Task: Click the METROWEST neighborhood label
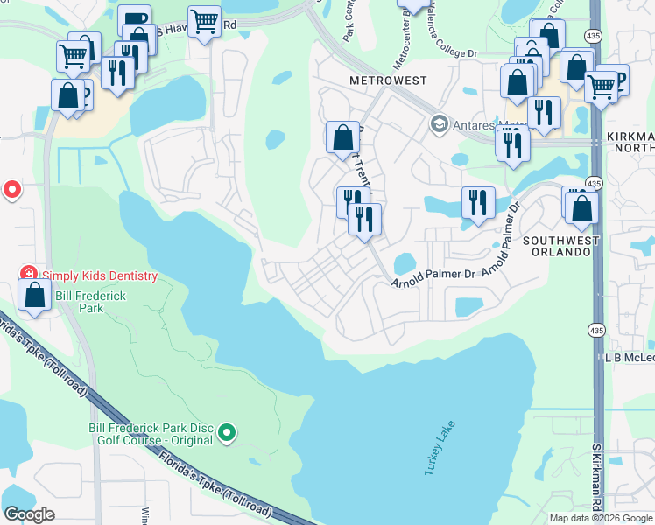tap(388, 80)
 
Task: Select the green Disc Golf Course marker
tap(228, 431)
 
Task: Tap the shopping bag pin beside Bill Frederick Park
tap(34, 295)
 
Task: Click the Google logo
tap(29, 514)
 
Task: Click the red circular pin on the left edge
tap(11, 189)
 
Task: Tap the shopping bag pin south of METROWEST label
tap(343, 137)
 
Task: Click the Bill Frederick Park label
tap(90, 302)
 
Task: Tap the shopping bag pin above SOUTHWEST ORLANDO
tap(581, 207)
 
